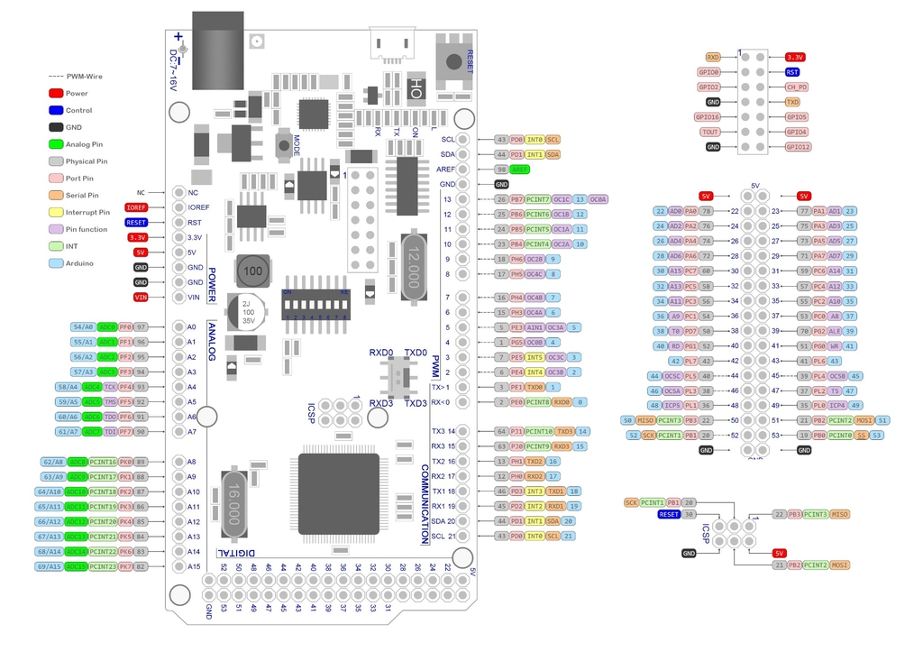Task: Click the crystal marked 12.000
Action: pos(410,267)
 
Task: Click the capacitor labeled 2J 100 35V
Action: pos(245,312)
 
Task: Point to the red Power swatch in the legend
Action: pos(56,93)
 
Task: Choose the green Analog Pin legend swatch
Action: pos(56,144)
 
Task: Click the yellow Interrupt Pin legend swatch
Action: pos(56,212)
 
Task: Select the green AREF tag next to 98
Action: pos(520,170)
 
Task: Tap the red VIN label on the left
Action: pos(141,298)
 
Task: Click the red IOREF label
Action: pos(137,207)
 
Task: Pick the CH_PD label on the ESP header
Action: pos(796,87)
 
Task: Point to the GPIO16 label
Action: pos(708,117)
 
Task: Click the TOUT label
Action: pos(709,132)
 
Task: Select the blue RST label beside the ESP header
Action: pos(792,72)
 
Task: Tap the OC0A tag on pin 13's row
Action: pos(599,199)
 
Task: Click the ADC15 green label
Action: pos(77,566)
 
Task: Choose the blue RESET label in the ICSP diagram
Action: pos(668,514)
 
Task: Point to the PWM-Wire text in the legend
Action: pos(82,77)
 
